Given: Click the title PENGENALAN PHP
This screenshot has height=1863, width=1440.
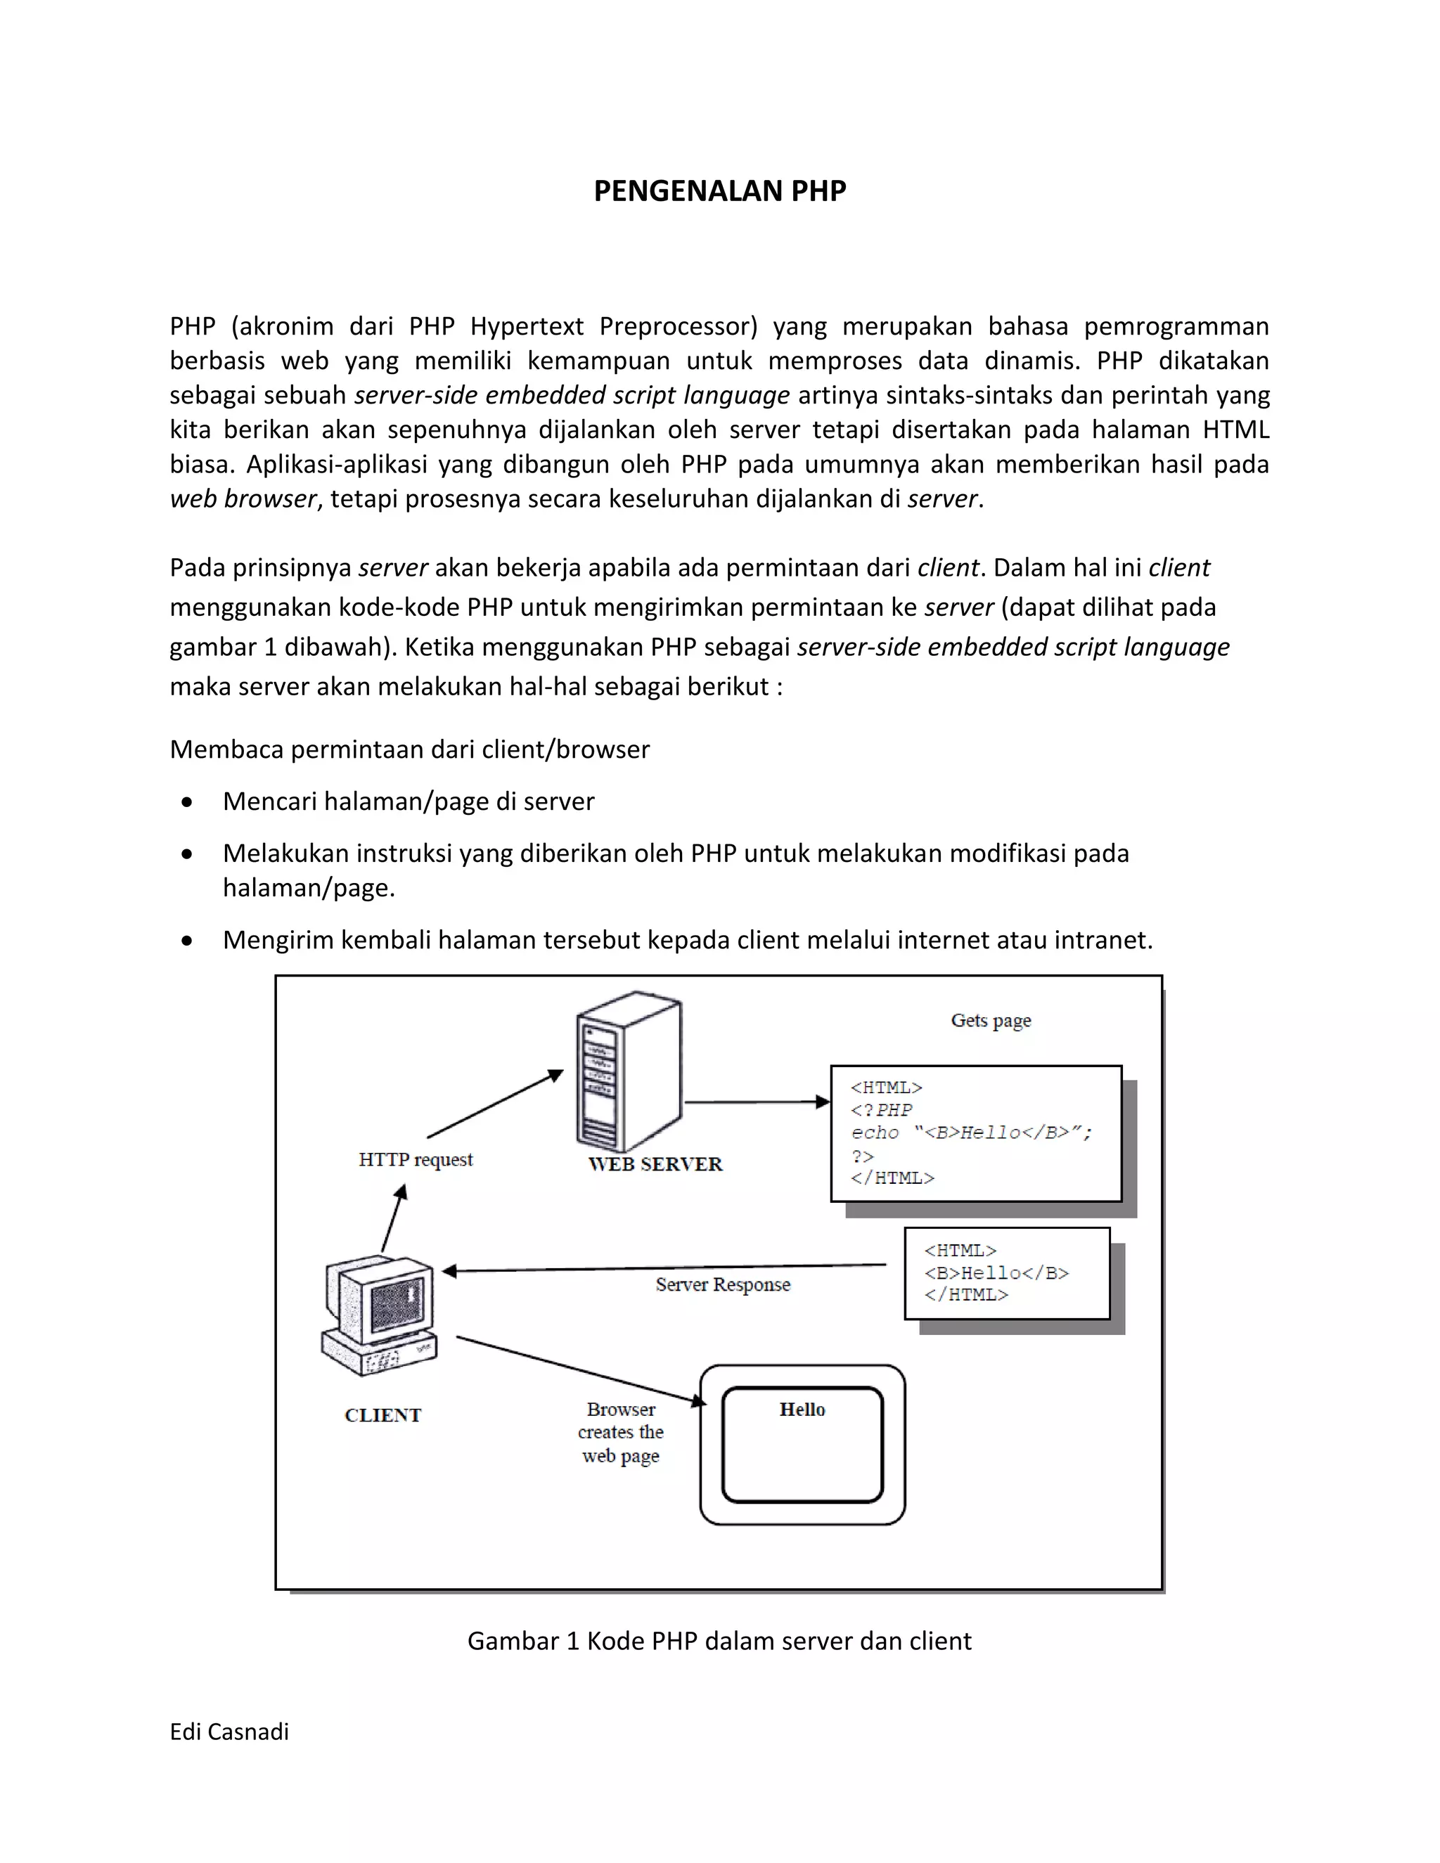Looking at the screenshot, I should point(719,191).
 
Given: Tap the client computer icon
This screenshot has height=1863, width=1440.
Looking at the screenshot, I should point(380,1315).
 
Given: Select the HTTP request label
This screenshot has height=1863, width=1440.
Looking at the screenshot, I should point(416,1159).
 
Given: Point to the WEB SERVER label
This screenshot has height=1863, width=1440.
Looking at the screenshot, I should point(655,1164).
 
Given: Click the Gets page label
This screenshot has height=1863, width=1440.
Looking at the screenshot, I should point(991,1020).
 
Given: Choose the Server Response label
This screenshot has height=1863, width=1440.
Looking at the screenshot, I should point(723,1284).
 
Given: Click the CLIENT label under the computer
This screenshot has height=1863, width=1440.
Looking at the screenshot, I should point(383,1415).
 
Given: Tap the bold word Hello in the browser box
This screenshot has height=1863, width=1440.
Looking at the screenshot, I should point(802,1409).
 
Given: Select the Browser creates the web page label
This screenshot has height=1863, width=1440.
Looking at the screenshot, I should point(621,1432).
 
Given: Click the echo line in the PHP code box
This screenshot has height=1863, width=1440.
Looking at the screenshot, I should point(972,1133).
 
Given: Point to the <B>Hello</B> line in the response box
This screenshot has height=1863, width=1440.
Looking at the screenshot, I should point(996,1272).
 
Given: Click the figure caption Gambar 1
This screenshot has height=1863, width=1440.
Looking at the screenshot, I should point(719,1642).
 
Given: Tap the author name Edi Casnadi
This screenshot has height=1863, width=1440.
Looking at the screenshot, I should point(229,1732).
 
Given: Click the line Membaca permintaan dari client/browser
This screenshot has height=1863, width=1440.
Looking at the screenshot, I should point(409,750).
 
